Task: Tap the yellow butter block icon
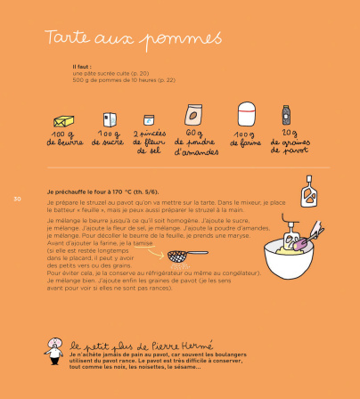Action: (x=62, y=119)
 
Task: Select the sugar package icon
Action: (x=109, y=118)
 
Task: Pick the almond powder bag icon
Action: (x=192, y=115)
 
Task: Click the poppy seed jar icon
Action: (x=287, y=114)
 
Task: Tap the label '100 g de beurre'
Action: (x=62, y=138)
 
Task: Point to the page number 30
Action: (x=16, y=197)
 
